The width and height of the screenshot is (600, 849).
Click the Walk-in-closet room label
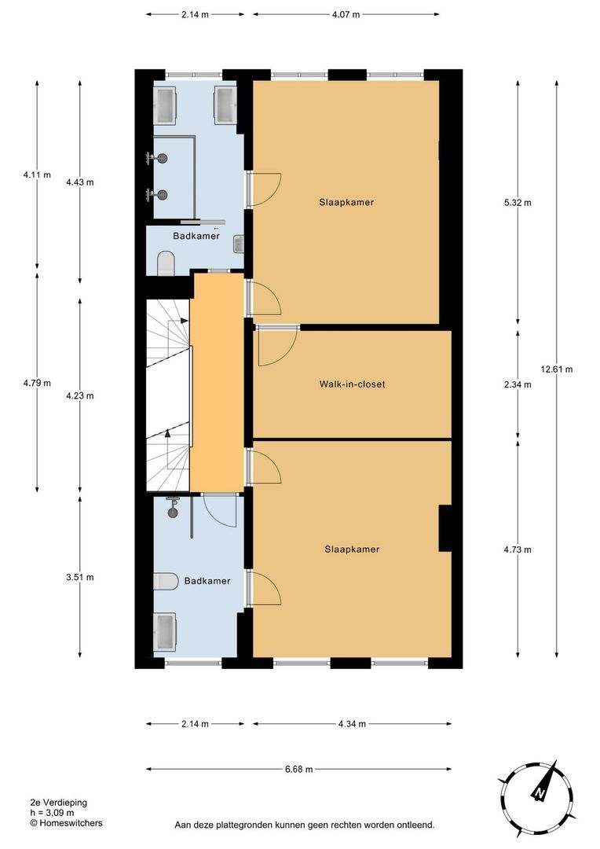[352, 384]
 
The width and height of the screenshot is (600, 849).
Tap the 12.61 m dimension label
[557, 369]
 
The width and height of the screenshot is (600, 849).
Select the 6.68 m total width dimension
[298, 769]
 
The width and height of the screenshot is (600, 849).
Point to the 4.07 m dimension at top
[345, 14]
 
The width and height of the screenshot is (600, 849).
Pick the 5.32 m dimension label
[517, 202]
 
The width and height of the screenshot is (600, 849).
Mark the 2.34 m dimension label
[517, 384]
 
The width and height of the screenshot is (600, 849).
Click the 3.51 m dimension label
[79, 577]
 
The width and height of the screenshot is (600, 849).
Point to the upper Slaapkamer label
[346, 202]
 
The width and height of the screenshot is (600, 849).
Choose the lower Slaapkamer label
[352, 549]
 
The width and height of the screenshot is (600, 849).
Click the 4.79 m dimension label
[37, 384]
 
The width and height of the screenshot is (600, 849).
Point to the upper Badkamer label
[196, 235]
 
